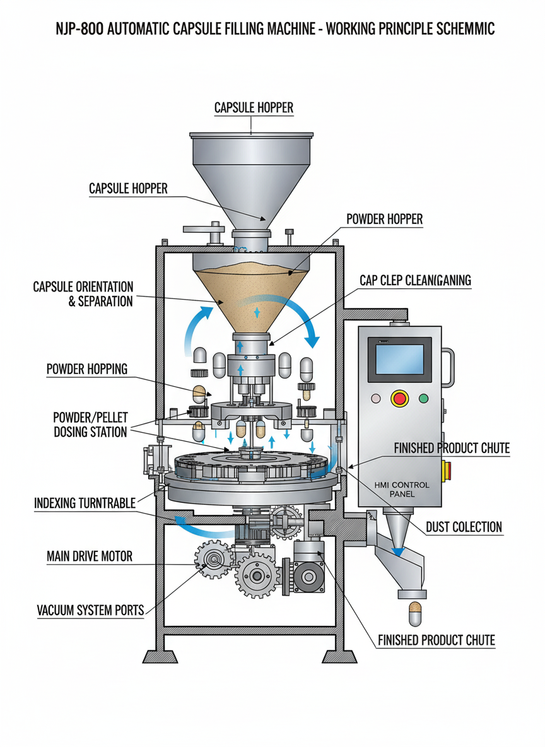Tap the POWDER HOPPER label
coord(384,220)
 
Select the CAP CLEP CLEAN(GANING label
coord(415,279)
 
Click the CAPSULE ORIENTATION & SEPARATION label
coord(83,294)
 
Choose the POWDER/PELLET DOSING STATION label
coord(90,425)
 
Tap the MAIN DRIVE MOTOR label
coord(90,556)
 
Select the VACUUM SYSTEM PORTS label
coord(90,610)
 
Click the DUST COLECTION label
coord(464,527)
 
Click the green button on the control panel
coord(423,398)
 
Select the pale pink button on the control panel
coord(377,398)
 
